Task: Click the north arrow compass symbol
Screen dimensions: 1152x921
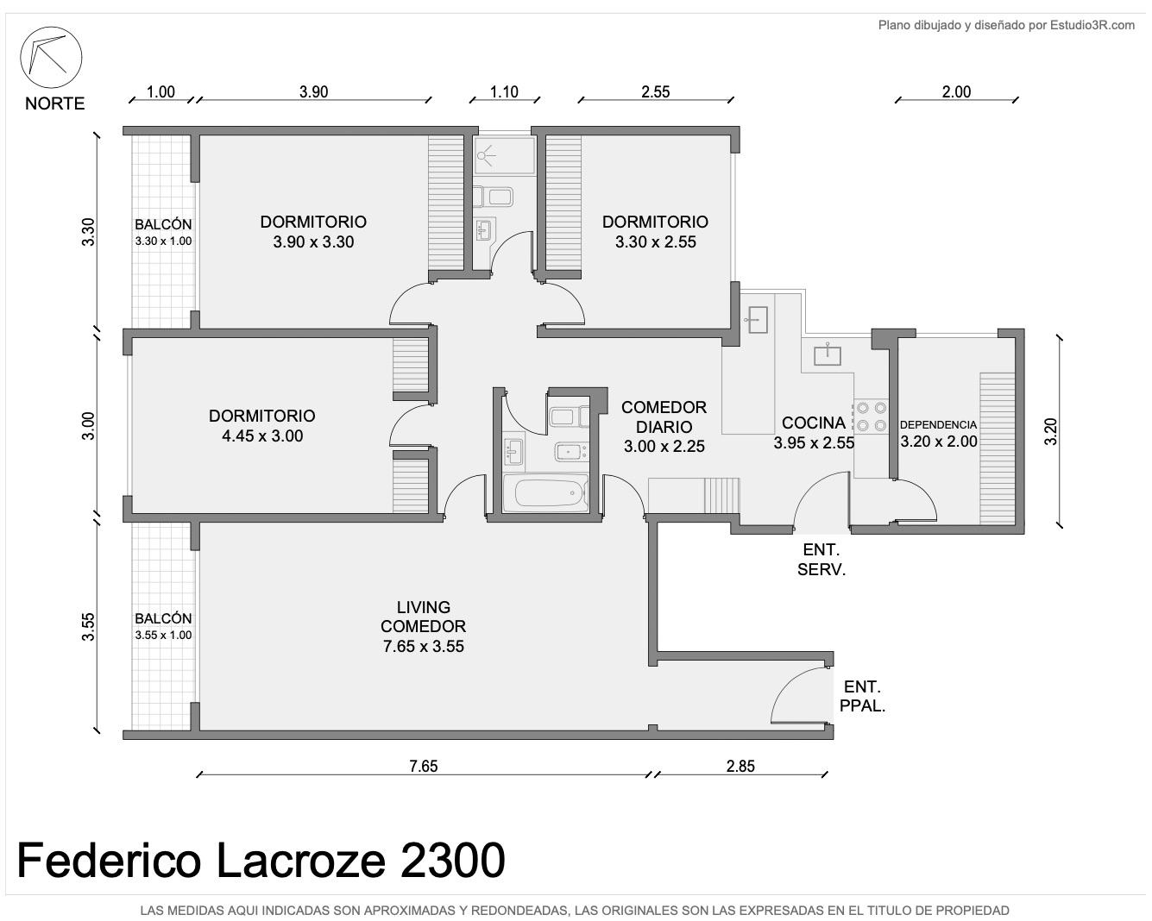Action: coord(51,57)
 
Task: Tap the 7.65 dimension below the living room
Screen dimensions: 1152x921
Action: coord(424,766)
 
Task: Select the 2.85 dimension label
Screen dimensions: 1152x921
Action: coord(740,766)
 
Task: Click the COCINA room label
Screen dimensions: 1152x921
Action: coord(813,423)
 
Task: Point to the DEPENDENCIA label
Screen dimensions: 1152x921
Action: coord(938,424)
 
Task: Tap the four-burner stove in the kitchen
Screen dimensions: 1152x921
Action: coord(871,417)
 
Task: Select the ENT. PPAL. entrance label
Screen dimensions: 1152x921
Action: coord(862,696)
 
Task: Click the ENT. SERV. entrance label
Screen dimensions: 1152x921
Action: coord(822,559)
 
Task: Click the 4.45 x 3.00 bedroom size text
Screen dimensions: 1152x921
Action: coord(262,435)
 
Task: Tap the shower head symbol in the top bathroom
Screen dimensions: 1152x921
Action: coord(486,156)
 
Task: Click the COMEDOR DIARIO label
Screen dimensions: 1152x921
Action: coord(664,417)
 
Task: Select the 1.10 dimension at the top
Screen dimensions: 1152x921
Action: coord(504,91)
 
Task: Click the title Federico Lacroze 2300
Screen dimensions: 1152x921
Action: coord(261,860)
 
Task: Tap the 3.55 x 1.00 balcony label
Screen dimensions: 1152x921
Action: coord(163,636)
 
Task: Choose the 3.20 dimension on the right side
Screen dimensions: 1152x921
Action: coord(1051,431)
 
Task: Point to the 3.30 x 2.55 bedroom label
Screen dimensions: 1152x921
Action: coord(655,241)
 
